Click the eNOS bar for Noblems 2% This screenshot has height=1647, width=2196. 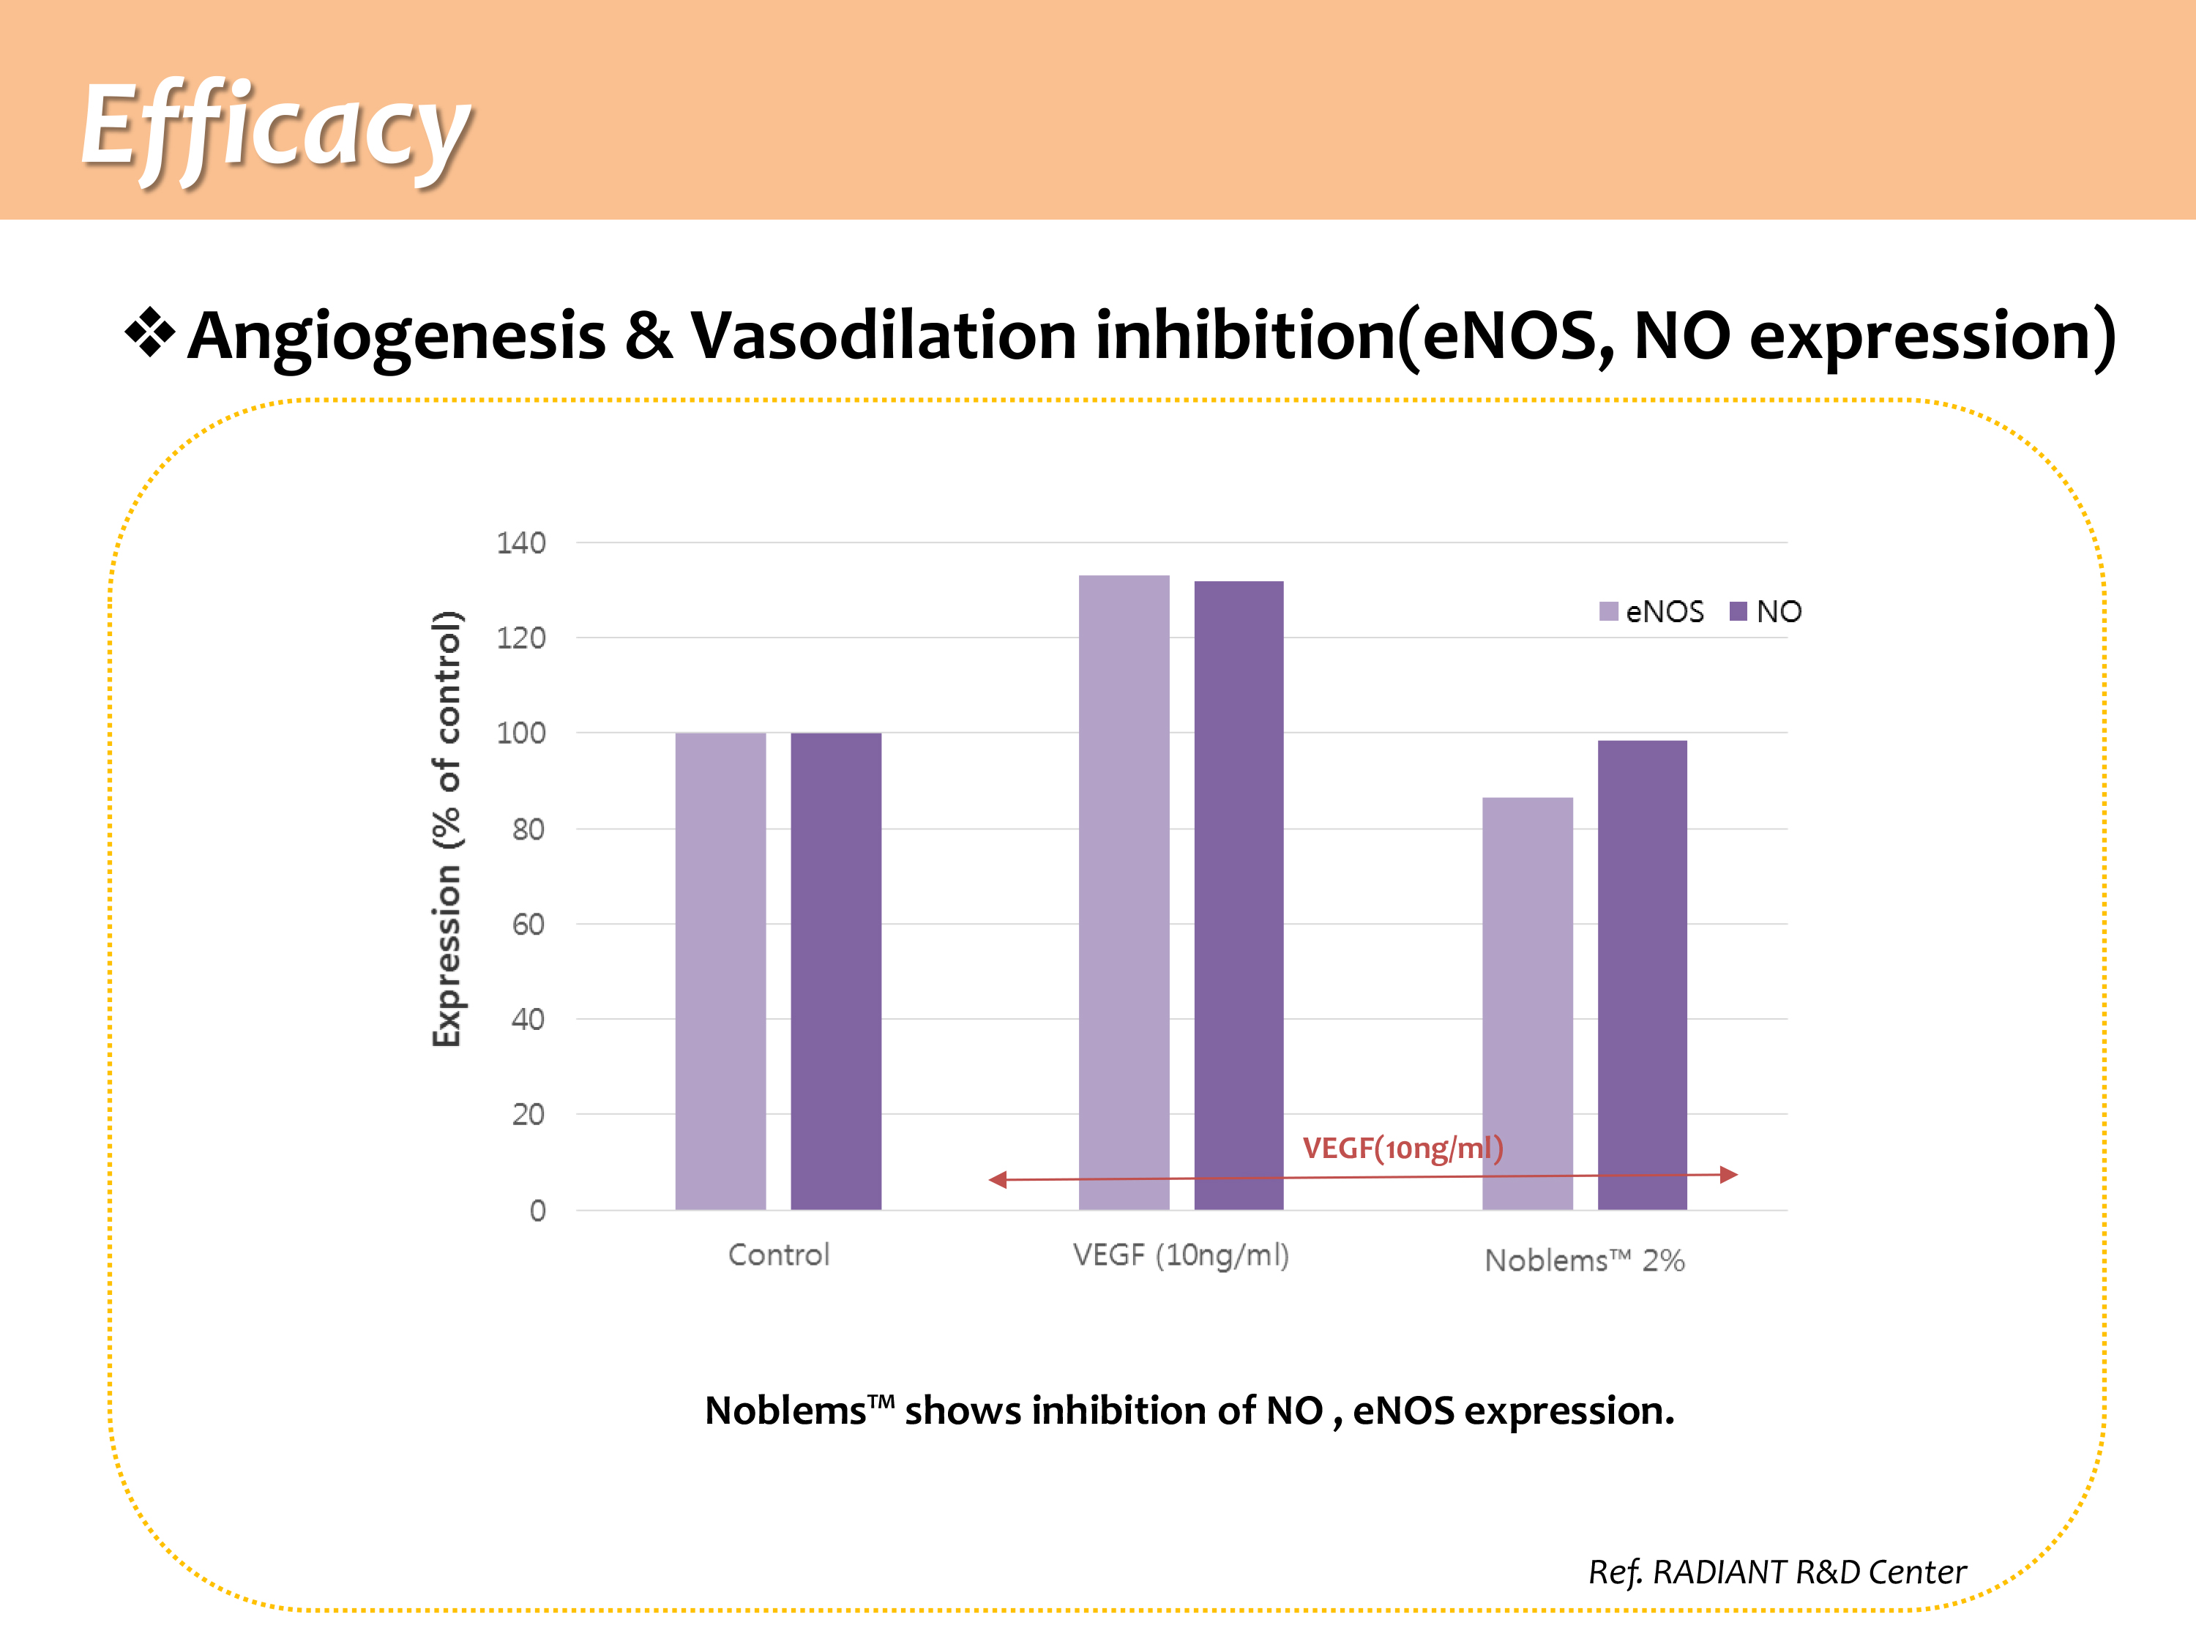point(1527,1003)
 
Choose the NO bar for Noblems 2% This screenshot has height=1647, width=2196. point(1642,974)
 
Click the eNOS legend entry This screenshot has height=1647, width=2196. point(1652,611)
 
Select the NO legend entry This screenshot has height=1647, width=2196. point(1766,611)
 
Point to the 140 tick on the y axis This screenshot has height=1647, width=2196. point(521,543)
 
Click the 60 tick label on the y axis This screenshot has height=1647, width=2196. point(529,925)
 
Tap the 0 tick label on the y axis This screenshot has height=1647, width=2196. point(537,1210)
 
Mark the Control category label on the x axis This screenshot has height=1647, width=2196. point(778,1255)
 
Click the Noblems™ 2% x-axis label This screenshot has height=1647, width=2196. point(1585,1260)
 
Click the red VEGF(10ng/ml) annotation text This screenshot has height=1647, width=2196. point(1402,1149)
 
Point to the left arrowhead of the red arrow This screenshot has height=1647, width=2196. point(998,1179)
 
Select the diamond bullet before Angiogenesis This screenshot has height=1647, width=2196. point(150,334)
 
